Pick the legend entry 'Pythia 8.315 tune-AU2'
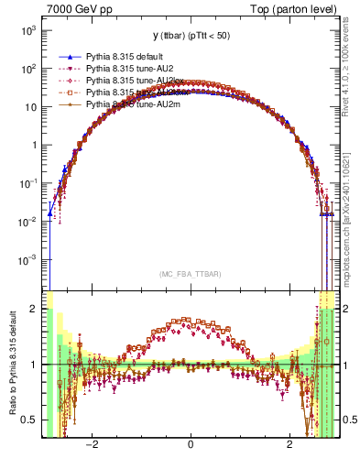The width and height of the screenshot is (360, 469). pos(128,69)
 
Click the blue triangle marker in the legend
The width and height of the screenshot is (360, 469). pos(70,57)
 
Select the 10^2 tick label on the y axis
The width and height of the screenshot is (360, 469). pos(27,69)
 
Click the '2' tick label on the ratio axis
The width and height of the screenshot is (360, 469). pos(34,309)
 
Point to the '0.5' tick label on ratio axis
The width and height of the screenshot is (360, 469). pos(29,420)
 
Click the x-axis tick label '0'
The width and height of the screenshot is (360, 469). pos(190,444)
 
